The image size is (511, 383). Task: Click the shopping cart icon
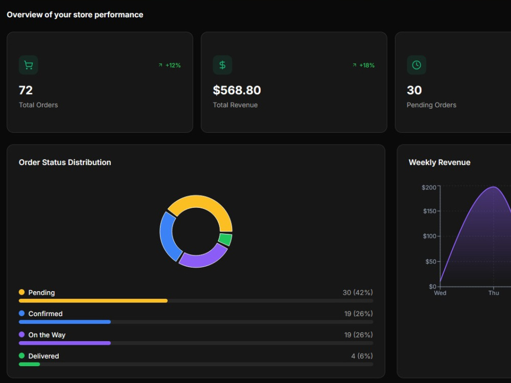coord(28,65)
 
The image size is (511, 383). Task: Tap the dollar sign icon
coord(222,65)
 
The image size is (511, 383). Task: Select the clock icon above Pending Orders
coord(416,65)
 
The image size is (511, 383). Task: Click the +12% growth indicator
coord(170,65)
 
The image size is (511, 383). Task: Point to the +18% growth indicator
coord(363,65)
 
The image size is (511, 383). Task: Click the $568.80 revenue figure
coord(237,90)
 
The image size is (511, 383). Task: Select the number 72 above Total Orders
coord(26,90)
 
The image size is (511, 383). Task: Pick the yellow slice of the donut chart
coord(208,205)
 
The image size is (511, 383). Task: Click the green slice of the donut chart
coord(225,240)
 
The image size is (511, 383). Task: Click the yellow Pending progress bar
coord(93,301)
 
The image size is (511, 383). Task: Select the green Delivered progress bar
coord(29,364)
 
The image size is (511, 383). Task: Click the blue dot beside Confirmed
coord(22,314)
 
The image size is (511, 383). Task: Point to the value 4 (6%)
coord(362,356)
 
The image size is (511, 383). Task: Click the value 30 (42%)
coord(358,293)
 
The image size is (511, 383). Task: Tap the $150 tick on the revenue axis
coord(430,211)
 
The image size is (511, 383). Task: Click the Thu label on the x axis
coord(494,293)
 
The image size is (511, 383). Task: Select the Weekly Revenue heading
coord(439,162)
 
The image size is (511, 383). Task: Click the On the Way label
coord(47,335)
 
